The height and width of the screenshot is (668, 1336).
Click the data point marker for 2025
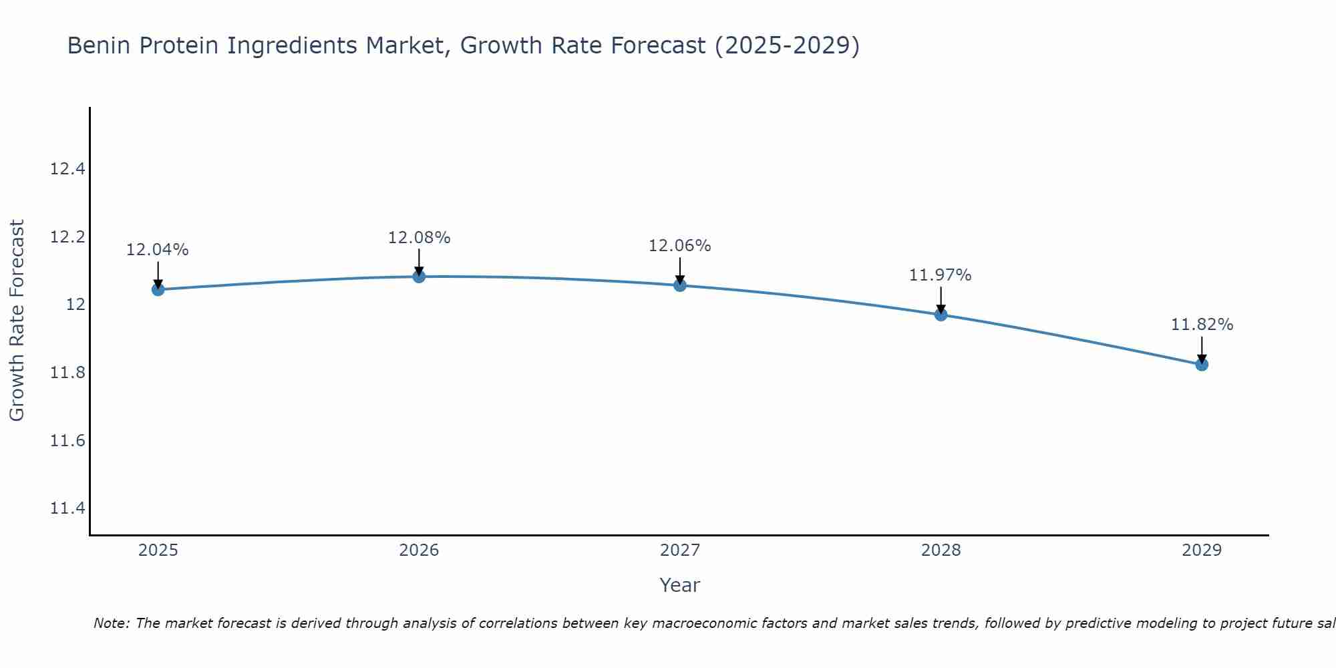tap(158, 289)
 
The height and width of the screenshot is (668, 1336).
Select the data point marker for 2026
tap(419, 277)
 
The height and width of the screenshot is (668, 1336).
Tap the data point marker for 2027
tap(680, 285)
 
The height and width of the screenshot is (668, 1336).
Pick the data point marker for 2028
tap(941, 315)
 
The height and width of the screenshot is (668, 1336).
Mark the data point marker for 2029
tap(1202, 365)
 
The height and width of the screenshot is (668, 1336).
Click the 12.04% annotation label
tap(158, 250)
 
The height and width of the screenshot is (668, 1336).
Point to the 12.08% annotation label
tap(419, 237)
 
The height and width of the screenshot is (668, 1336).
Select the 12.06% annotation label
tap(680, 246)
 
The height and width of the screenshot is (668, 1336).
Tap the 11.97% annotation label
tap(941, 275)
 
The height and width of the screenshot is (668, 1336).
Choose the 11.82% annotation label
tap(1202, 325)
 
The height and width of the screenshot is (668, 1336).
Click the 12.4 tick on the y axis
tap(67, 169)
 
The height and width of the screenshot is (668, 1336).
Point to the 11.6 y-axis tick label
tap(67, 441)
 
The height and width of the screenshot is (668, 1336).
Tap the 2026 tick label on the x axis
tap(419, 550)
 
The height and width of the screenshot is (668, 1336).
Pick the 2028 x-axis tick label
tap(941, 550)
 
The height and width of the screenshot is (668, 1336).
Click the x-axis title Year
tap(679, 585)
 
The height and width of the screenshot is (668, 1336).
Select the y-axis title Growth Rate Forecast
tap(17, 320)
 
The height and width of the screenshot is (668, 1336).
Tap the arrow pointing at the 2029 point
tap(1202, 349)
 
